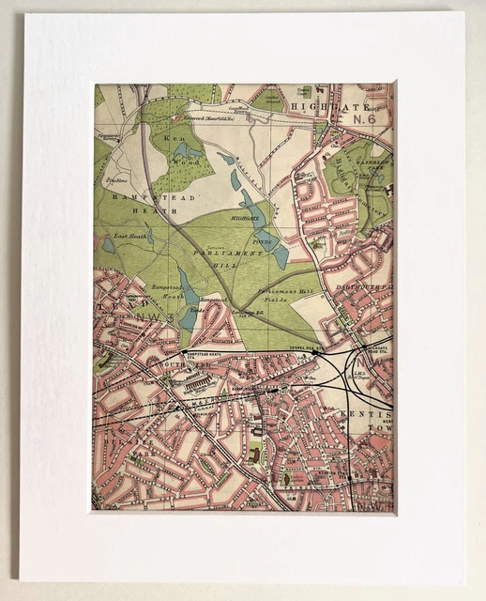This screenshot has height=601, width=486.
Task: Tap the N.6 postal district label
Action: coord(368,119)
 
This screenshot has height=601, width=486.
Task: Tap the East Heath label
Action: coord(130,237)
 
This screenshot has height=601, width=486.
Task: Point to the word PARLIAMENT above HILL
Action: coord(223,254)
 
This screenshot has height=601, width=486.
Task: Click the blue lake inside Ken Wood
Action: coord(185,149)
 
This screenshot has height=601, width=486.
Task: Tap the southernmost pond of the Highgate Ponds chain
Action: coord(281,256)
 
